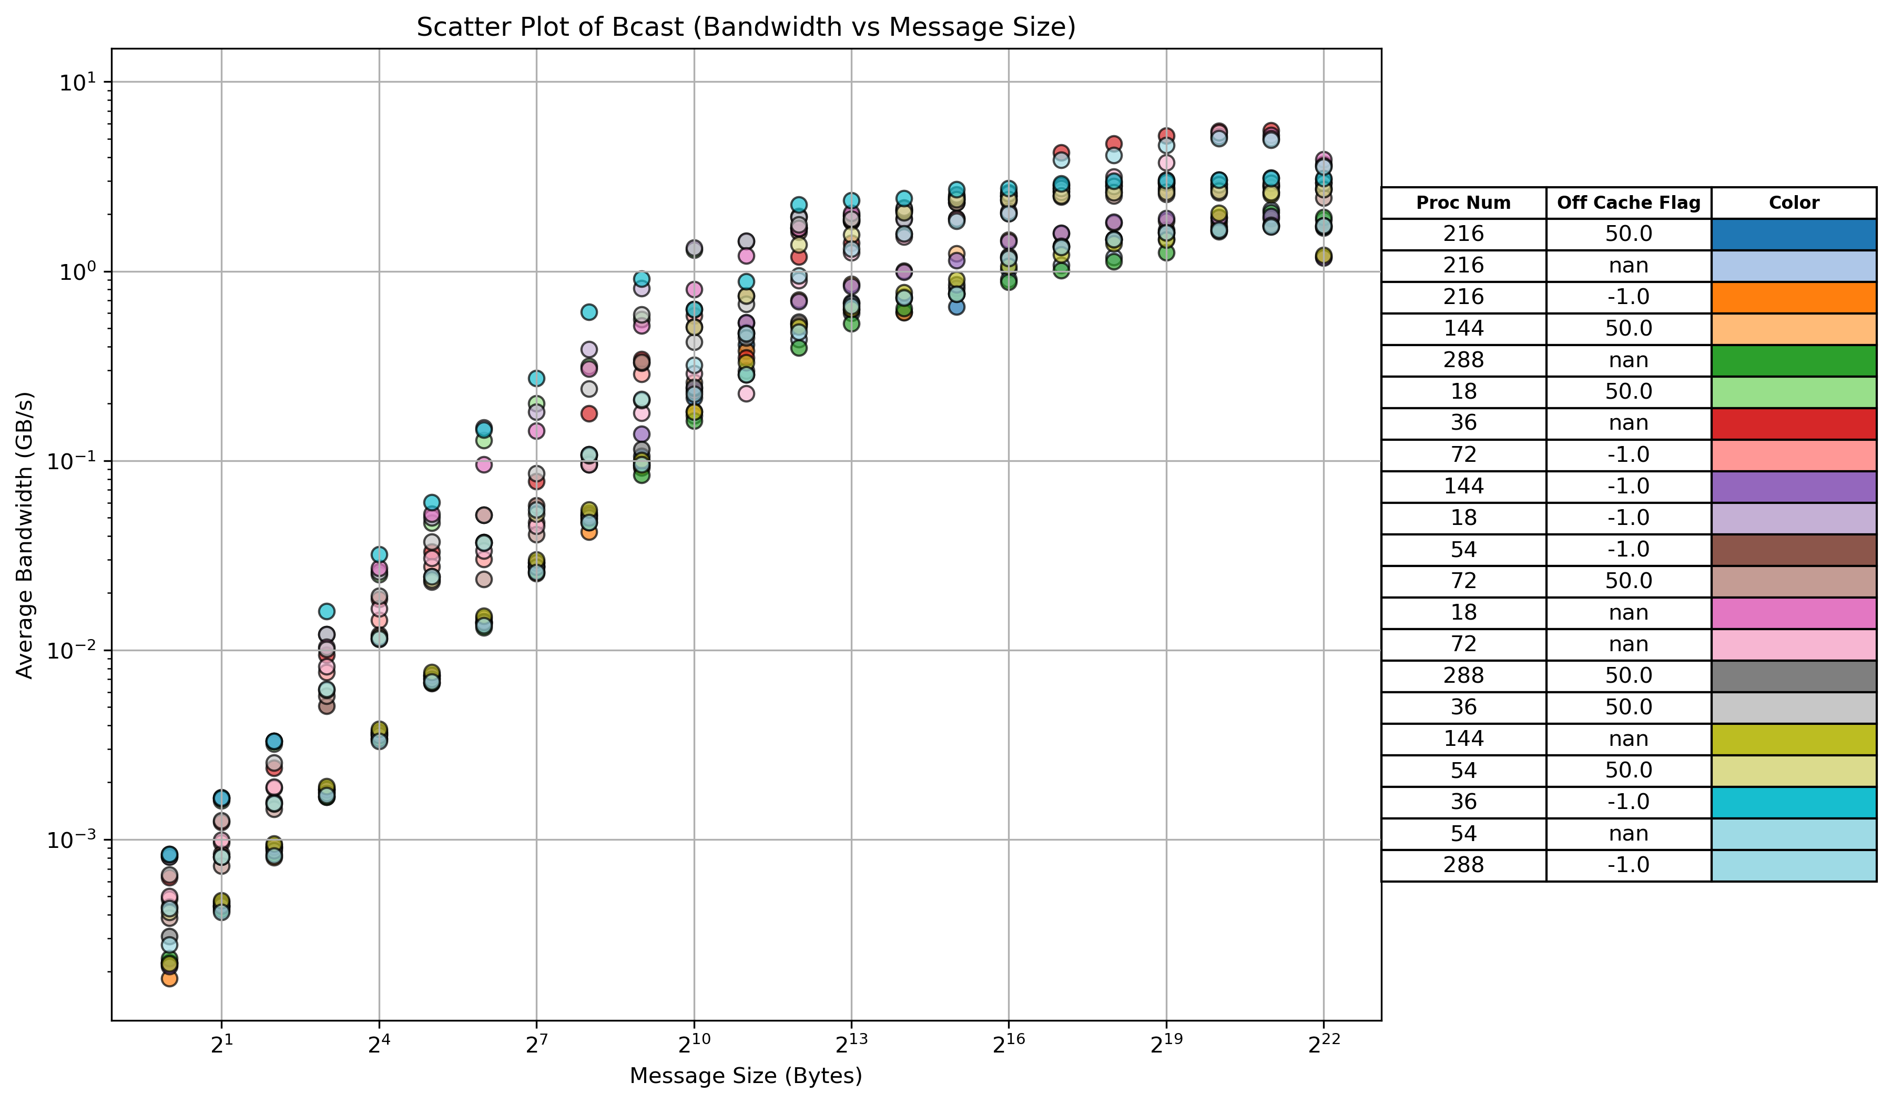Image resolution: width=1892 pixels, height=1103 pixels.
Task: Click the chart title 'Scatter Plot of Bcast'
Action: [746, 27]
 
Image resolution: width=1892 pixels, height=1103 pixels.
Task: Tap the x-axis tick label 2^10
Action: [693, 1045]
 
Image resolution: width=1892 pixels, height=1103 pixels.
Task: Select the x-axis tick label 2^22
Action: [1323, 1045]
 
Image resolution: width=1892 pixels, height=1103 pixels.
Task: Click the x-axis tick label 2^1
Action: [221, 1045]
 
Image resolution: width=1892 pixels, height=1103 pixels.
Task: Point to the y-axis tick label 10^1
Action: [75, 82]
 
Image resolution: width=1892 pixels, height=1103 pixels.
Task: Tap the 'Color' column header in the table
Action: [1794, 203]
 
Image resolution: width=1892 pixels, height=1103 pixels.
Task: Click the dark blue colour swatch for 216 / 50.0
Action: [1794, 234]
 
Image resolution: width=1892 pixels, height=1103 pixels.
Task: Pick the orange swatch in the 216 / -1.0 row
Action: [1794, 297]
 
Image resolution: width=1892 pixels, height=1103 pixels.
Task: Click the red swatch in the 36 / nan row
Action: [1794, 423]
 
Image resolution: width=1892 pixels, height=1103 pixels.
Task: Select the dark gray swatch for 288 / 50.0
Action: [1794, 676]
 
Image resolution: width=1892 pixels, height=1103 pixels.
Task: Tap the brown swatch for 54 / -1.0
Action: [1794, 550]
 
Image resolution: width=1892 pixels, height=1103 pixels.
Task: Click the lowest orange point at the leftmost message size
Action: [170, 978]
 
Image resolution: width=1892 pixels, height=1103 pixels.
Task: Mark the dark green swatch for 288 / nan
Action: [1794, 360]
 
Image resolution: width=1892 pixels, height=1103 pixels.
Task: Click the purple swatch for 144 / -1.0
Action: [1794, 487]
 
